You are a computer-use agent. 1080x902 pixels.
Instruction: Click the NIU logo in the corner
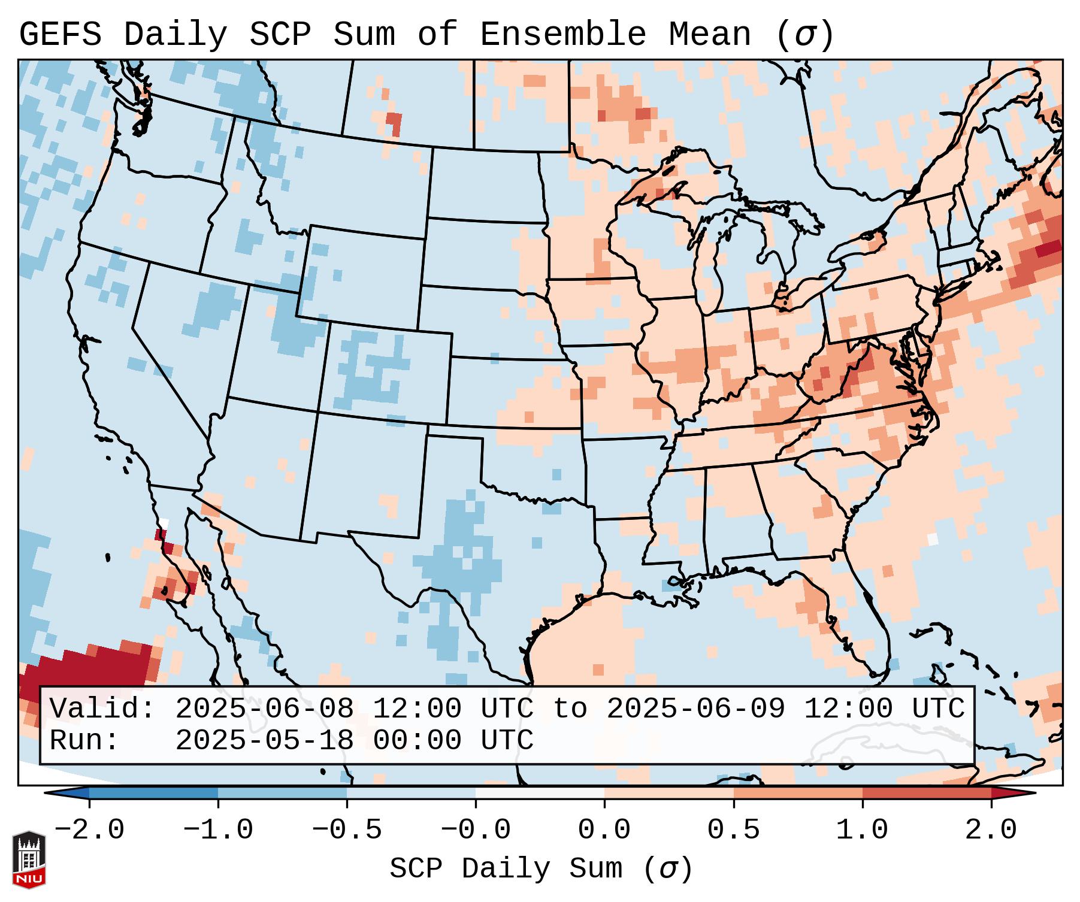(x=29, y=859)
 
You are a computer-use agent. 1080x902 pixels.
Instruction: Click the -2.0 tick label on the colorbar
(x=89, y=830)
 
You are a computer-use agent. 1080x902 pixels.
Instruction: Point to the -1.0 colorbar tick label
(x=218, y=830)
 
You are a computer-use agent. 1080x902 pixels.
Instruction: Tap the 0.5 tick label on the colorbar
(x=733, y=830)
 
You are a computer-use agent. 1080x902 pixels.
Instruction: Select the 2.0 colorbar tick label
(x=991, y=830)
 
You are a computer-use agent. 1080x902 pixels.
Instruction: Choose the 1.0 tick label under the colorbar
(x=862, y=830)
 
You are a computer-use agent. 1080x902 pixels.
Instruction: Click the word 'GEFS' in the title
(x=60, y=35)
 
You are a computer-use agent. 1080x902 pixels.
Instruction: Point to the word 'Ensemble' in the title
(x=562, y=35)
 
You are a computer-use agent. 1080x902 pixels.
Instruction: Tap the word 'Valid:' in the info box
(x=102, y=709)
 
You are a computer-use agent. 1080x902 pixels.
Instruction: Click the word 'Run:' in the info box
(x=84, y=740)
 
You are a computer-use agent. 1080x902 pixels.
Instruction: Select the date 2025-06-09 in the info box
(x=695, y=709)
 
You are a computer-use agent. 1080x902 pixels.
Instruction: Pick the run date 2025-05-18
(x=264, y=740)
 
